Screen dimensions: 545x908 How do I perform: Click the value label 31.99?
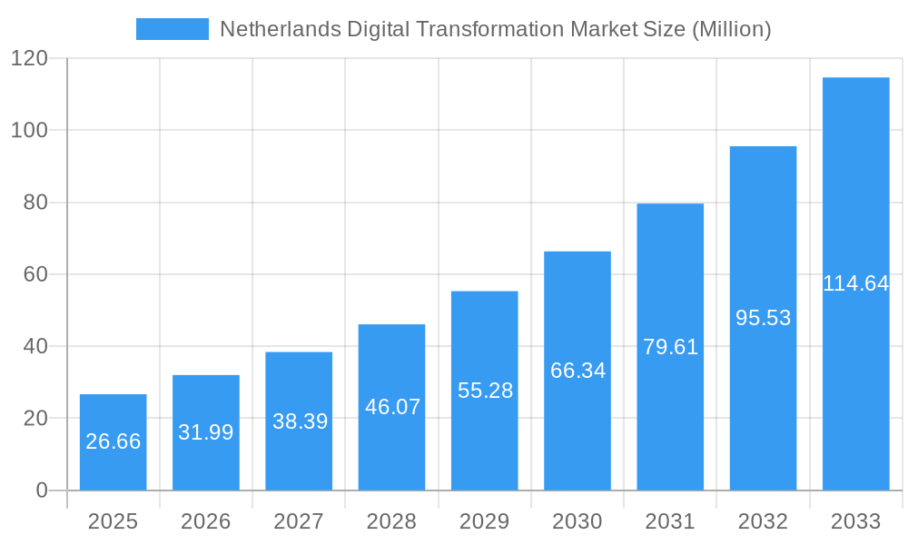coord(206,432)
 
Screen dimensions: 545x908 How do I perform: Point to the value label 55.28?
coord(485,391)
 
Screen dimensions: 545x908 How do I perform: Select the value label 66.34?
coord(577,371)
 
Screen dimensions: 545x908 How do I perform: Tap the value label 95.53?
coord(763,318)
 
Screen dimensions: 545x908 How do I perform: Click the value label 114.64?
coord(855,283)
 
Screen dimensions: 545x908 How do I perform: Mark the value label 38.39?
coord(299,421)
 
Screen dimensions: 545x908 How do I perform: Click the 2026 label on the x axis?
coord(206,521)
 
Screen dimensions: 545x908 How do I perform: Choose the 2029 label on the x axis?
coord(485,521)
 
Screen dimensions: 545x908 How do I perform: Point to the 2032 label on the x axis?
coord(763,521)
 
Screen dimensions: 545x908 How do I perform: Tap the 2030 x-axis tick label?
coord(577,521)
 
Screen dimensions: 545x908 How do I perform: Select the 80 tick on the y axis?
coord(35,203)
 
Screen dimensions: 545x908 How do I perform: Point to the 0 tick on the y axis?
coord(42,490)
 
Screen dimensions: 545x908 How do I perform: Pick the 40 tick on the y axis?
coord(35,346)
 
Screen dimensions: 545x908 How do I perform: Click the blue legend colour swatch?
coord(172,29)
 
